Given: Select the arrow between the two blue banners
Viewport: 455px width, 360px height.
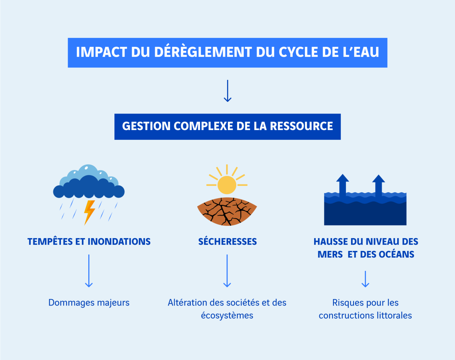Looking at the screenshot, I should pos(227,91).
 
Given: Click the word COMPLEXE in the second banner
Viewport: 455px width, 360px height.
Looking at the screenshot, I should pos(203,126).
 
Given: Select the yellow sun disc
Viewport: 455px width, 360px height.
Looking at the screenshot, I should pos(227,185).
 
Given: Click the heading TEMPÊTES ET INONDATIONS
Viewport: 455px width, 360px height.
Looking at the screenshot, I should pos(89,241).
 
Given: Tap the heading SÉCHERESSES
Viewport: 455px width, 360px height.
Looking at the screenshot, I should pos(227,241).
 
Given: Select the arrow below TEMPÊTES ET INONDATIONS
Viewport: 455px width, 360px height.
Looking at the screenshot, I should pos(89,271).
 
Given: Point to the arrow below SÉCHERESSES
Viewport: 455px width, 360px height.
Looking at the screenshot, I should pos(227,271).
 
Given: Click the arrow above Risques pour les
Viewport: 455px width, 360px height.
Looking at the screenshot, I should pos(365,279).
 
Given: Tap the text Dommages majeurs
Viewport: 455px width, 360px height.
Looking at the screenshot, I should pos(89,302).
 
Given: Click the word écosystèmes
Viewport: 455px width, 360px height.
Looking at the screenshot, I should pos(227,316).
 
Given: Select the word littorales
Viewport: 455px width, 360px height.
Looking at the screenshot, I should pos(396,316).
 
